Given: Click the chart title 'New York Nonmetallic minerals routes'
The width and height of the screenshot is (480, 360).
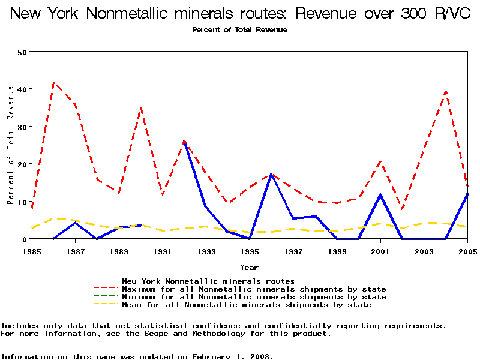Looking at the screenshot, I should click(x=240, y=13).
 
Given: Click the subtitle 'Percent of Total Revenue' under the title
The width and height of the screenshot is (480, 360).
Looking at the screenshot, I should click(x=240, y=29).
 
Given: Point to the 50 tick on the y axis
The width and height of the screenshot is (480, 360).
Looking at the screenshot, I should click(x=23, y=52).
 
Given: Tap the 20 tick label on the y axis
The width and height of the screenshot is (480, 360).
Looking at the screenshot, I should click(x=23, y=164).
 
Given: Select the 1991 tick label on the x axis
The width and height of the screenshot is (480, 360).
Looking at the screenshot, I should click(x=163, y=251).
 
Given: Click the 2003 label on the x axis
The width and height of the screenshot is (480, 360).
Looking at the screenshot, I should click(x=424, y=251).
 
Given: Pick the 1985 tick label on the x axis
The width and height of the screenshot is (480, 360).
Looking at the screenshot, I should click(x=32, y=251).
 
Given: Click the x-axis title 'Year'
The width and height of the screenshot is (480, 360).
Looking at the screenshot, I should click(x=249, y=267).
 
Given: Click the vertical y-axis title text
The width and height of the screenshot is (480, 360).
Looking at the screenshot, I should click(x=10, y=145).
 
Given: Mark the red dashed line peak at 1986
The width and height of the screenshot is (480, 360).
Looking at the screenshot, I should click(x=54, y=83).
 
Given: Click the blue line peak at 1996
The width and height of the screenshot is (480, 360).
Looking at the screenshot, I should click(x=272, y=174).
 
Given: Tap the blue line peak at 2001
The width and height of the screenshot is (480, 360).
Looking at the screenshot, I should click(x=380, y=194).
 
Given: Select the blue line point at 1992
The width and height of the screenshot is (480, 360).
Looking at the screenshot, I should click(x=184, y=142).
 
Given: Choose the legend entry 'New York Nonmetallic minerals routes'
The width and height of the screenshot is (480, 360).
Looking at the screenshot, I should click(x=208, y=281).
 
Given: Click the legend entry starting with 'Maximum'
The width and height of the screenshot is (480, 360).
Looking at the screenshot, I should click(x=254, y=289).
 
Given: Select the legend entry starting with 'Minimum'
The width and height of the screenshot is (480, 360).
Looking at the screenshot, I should click(x=254, y=297).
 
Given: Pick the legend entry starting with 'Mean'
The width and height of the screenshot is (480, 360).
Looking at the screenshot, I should click(x=247, y=305).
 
